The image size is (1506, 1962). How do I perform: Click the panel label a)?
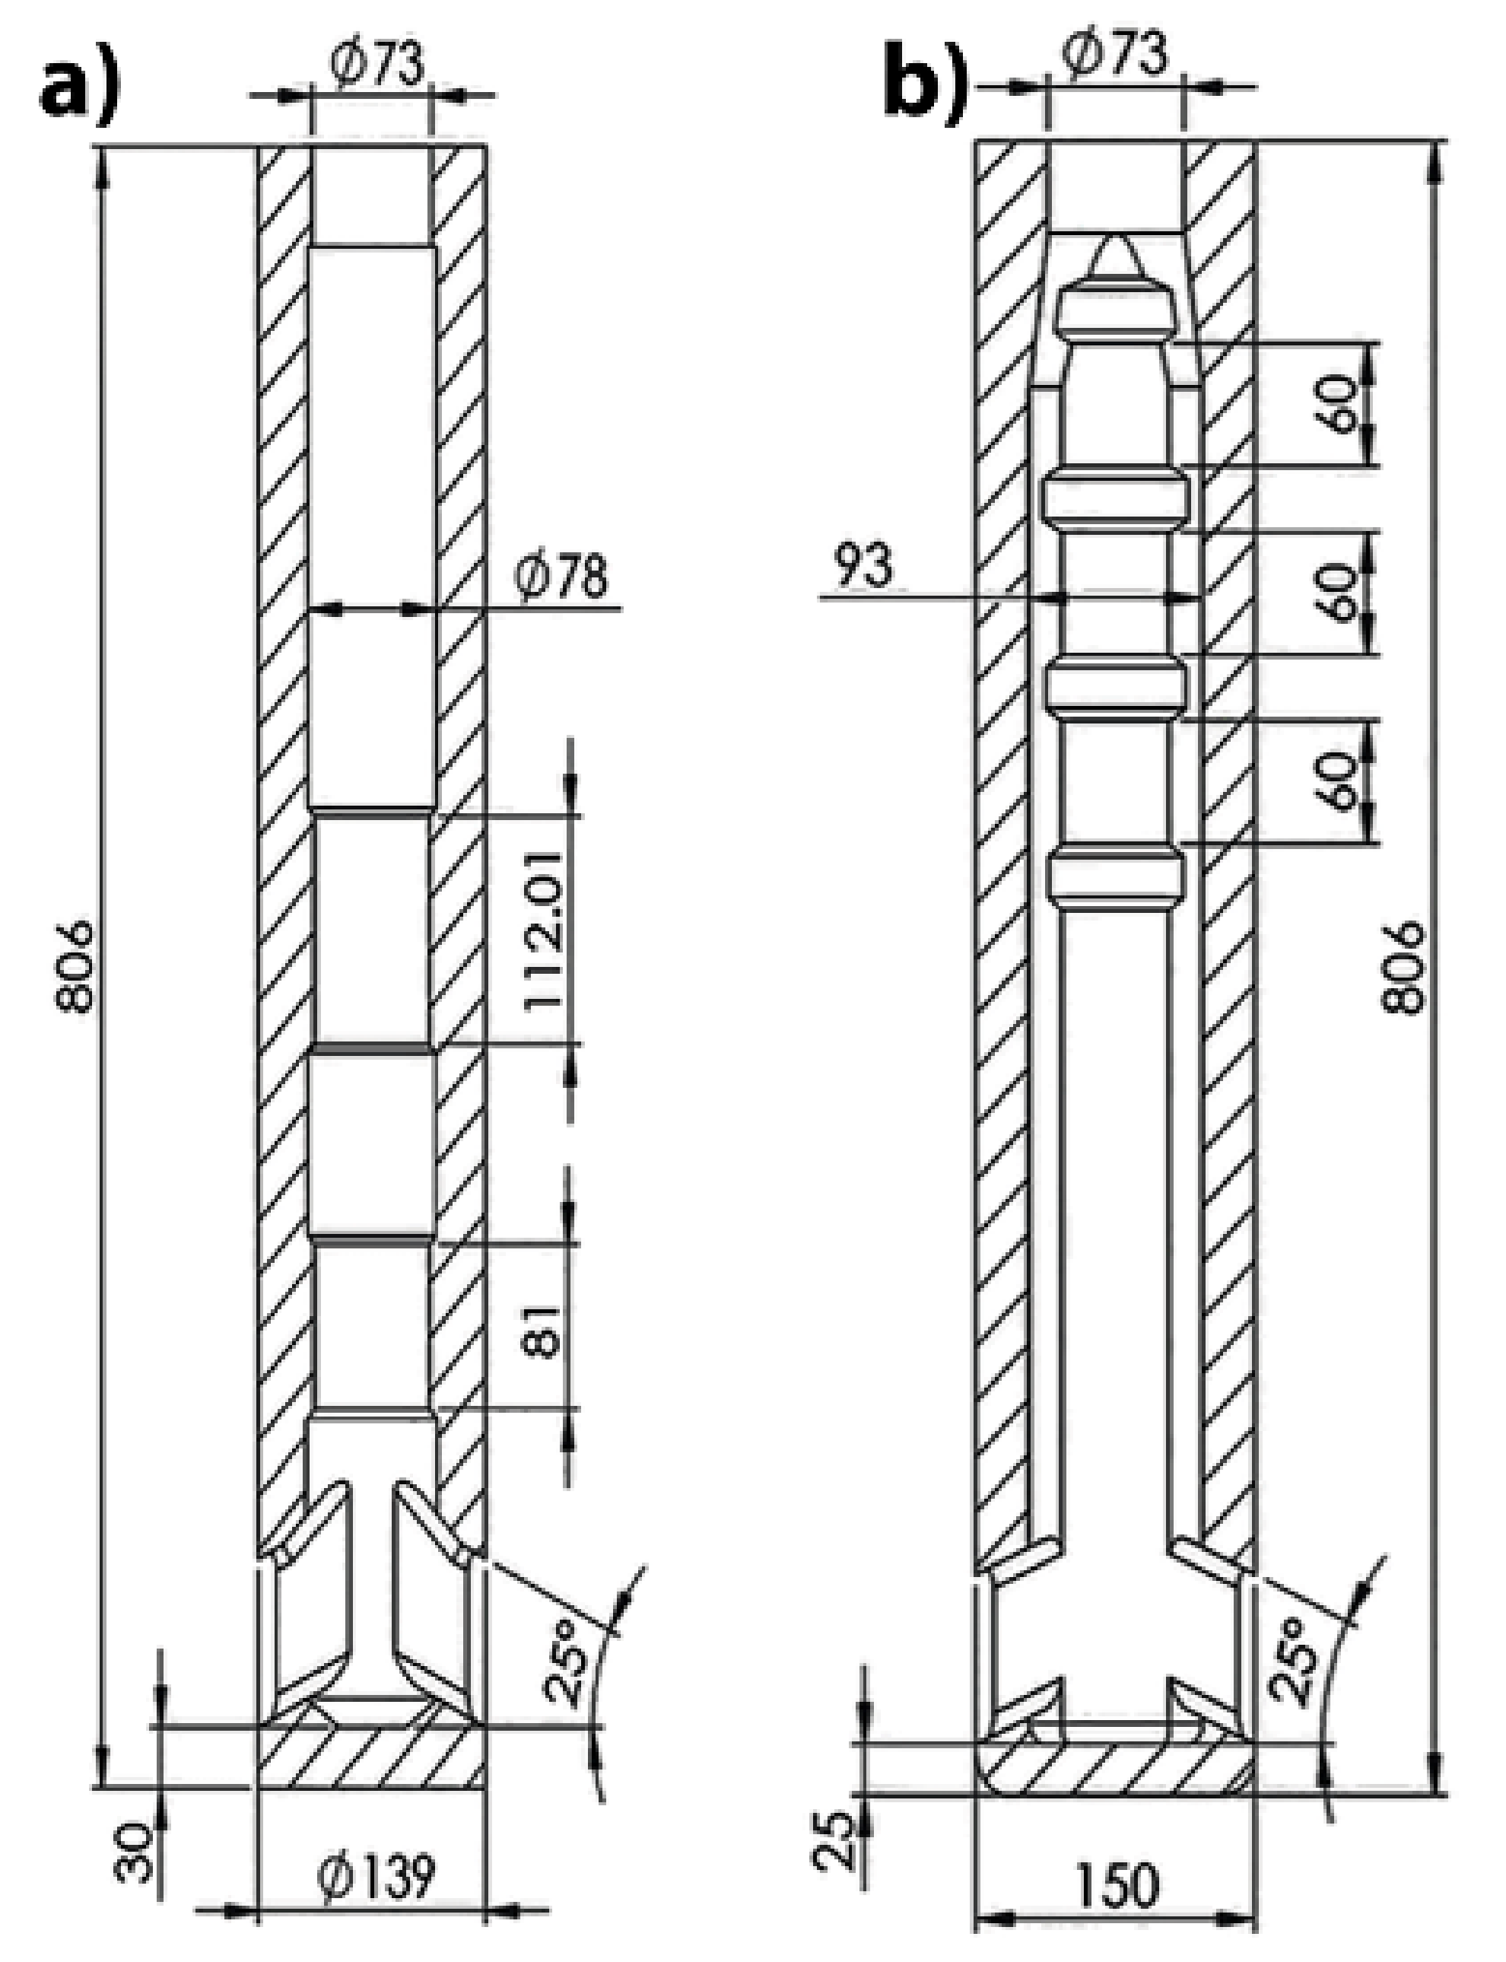pyautogui.click(x=79, y=90)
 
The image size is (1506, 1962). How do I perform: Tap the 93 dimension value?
pyautogui.click(x=863, y=566)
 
